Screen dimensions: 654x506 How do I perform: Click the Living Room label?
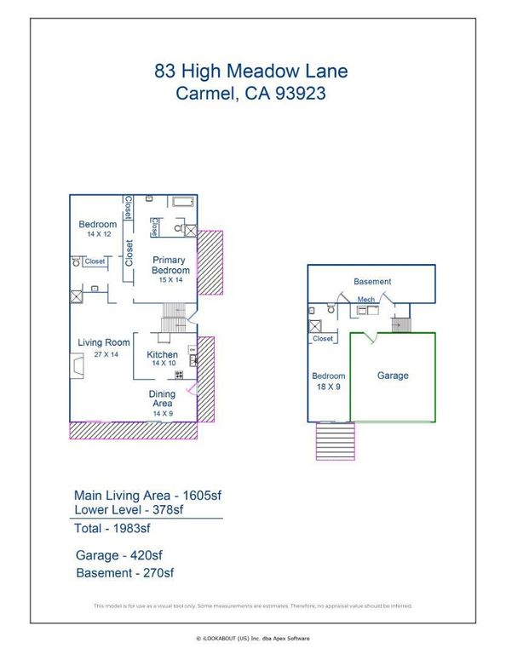(x=104, y=343)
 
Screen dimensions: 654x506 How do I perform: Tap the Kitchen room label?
(x=162, y=354)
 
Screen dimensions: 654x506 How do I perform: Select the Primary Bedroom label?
(x=170, y=265)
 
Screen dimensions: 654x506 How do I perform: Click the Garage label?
(x=393, y=376)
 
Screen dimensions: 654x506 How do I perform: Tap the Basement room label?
(x=372, y=281)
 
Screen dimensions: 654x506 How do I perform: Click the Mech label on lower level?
(x=366, y=300)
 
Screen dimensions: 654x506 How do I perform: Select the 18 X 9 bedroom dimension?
(x=328, y=386)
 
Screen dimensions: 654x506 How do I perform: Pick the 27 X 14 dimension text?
(x=104, y=353)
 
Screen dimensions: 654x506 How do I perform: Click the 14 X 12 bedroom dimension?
(x=98, y=233)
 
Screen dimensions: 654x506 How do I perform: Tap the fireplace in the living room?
(x=78, y=366)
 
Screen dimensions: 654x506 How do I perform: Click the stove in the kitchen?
(x=180, y=375)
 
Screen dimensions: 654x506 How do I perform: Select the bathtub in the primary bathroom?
(x=183, y=202)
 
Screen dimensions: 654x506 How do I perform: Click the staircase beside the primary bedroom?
(x=173, y=323)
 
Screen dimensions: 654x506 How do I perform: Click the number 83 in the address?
(x=166, y=72)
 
